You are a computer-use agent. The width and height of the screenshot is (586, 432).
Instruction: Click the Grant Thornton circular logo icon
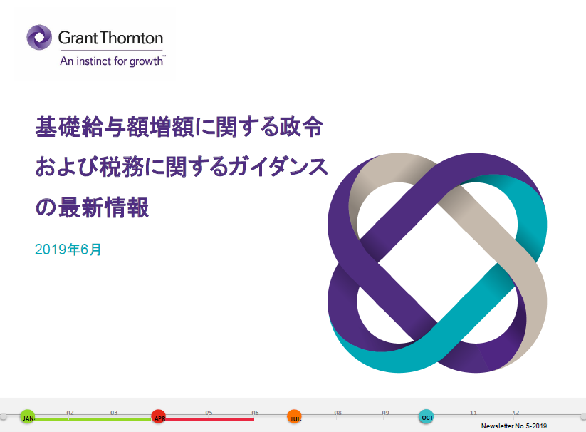[39, 37]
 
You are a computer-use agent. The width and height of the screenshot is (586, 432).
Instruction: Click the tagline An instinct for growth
[112, 61]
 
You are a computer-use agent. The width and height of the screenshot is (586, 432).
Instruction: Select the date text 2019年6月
[68, 250]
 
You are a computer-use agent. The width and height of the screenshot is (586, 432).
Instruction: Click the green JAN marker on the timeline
[28, 416]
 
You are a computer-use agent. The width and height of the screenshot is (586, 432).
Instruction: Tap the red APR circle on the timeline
[159, 416]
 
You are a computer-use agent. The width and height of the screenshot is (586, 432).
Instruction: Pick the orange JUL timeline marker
[295, 417]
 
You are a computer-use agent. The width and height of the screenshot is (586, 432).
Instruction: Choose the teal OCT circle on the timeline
[426, 416]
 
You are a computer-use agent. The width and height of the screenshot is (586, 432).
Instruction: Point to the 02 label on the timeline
[70, 413]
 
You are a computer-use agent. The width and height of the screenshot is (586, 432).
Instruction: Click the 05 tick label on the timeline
[209, 413]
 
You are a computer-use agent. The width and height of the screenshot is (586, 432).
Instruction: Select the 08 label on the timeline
[338, 413]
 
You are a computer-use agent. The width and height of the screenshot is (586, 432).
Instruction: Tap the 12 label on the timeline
[516, 413]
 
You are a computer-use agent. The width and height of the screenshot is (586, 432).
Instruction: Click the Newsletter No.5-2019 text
[514, 426]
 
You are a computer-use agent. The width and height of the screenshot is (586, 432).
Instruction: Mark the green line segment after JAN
[93, 419]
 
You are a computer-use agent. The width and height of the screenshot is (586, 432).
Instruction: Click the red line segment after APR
[209, 419]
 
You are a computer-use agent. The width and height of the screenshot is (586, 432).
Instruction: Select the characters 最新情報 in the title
[103, 207]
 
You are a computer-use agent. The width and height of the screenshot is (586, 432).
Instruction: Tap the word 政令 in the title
[301, 126]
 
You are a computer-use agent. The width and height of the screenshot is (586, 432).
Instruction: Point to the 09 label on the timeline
[386, 413]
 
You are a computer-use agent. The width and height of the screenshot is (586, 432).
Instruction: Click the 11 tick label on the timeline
[473, 413]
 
